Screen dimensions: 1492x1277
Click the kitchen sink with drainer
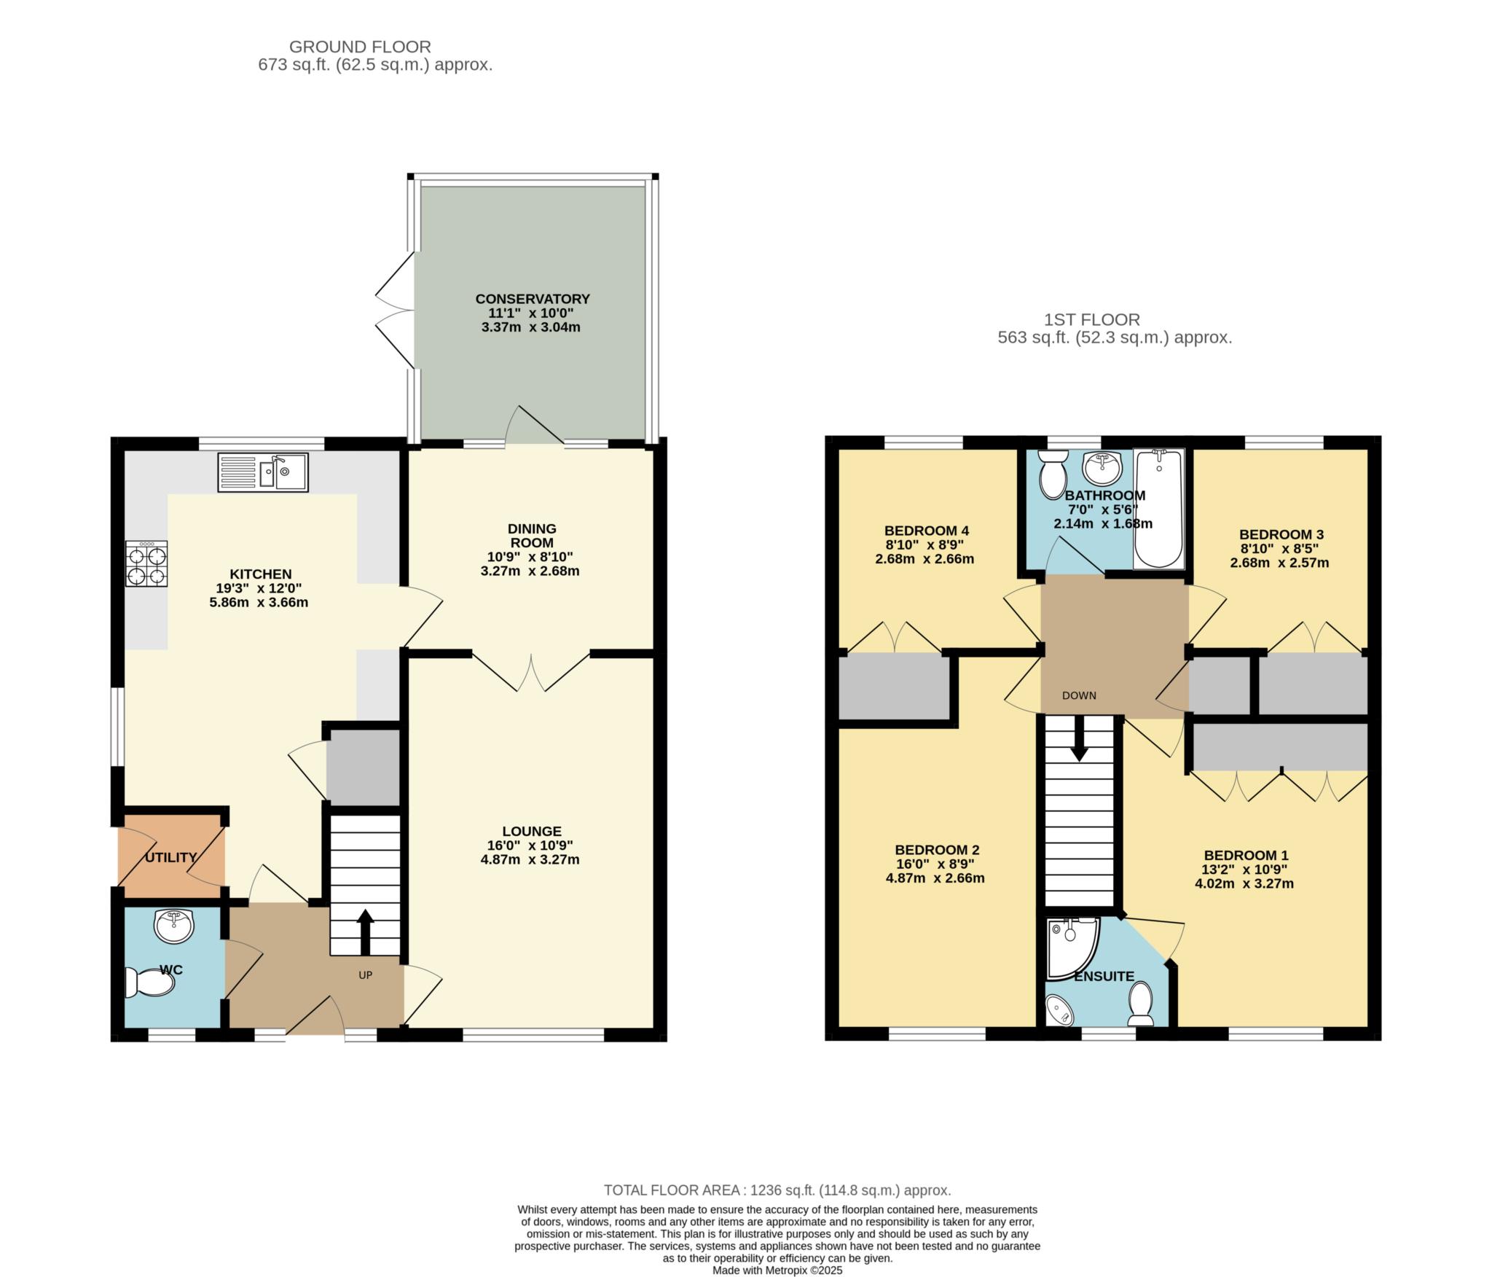coord(263,472)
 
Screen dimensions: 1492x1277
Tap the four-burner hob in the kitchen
coord(146,563)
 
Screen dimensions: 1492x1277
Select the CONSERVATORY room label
coord(533,299)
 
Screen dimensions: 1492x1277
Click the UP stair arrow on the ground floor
coord(365,932)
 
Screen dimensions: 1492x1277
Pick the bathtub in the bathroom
coord(1158,508)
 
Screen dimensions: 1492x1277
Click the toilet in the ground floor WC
coord(150,983)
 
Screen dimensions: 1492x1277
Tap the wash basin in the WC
coord(174,926)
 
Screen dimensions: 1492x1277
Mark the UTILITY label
coord(170,857)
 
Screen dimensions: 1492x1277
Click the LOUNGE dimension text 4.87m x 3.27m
coord(530,859)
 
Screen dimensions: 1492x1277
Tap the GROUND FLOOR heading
coord(360,47)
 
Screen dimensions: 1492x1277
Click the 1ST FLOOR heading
coord(1092,319)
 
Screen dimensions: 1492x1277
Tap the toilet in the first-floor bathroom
coord(1052,475)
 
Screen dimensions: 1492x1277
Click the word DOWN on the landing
coord(1079,695)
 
